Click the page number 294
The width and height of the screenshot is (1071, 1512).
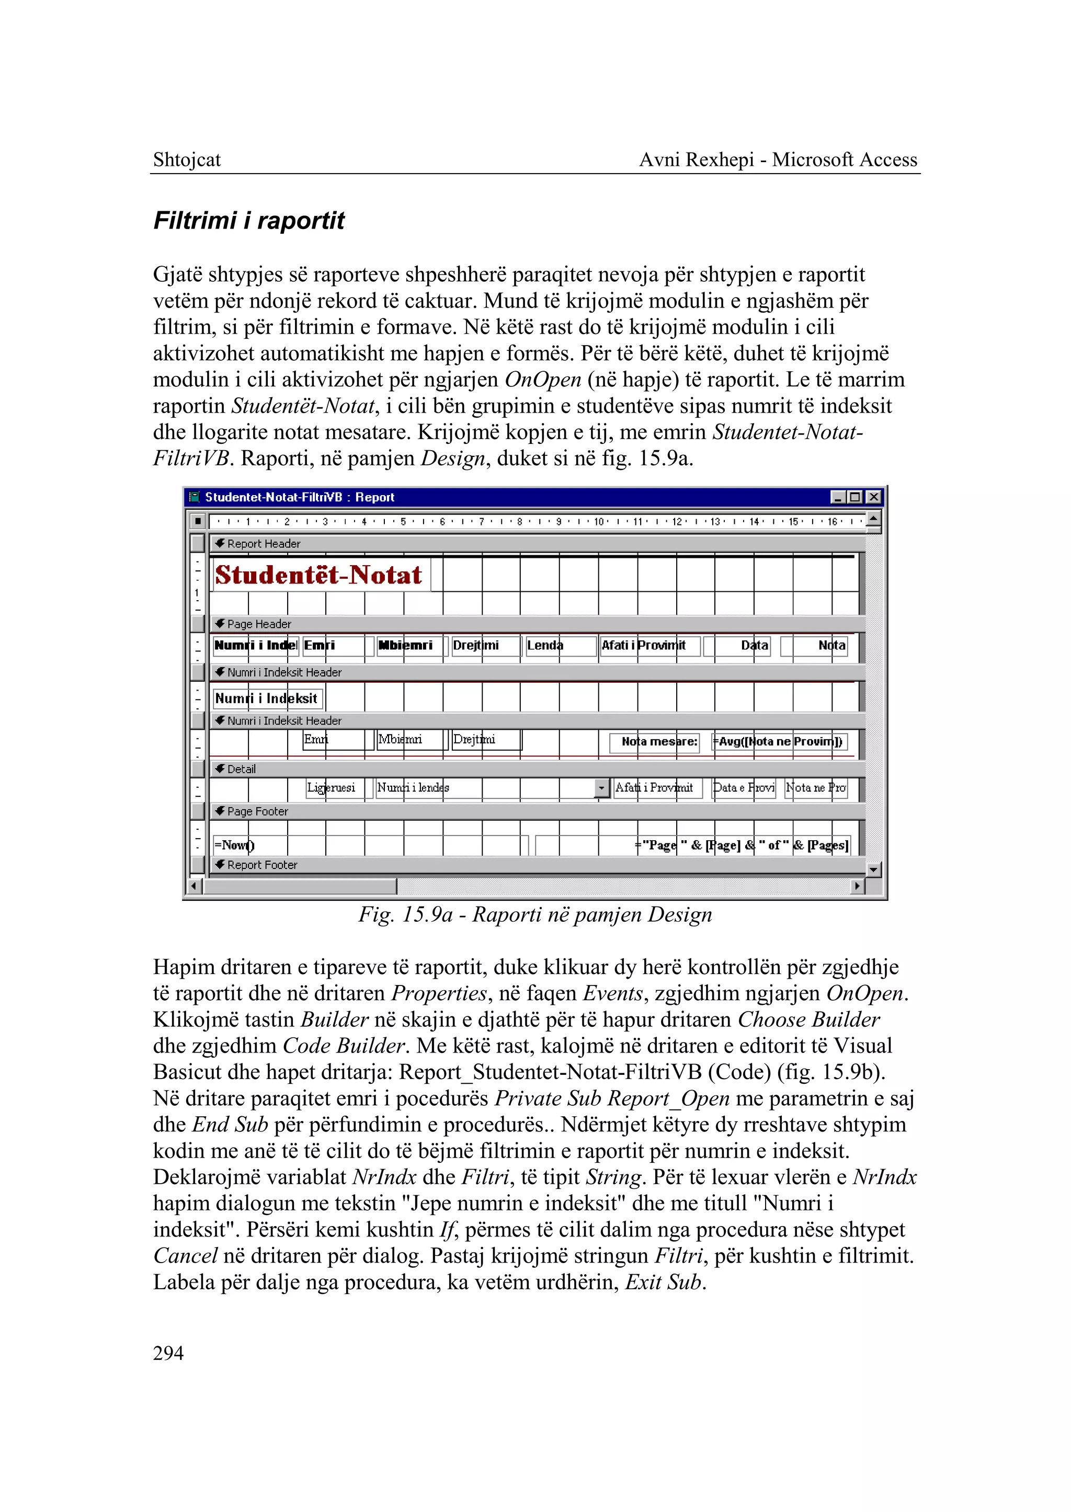(168, 1353)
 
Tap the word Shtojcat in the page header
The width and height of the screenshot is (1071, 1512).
(187, 159)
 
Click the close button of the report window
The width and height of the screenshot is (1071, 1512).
(873, 497)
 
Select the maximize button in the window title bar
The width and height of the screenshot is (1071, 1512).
(856, 497)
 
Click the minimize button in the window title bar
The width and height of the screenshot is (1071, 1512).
(838, 497)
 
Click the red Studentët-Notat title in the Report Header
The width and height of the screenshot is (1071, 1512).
(318, 575)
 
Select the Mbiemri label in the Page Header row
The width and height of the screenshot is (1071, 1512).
(406, 646)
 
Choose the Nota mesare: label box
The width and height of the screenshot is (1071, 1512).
(658, 742)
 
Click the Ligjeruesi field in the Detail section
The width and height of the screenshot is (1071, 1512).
(332, 788)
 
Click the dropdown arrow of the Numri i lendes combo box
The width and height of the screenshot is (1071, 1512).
(601, 788)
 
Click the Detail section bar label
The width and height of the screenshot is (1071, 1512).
(242, 769)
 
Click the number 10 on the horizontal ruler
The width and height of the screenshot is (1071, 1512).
(598, 522)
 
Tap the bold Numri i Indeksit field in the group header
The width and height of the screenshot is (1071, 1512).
(266, 698)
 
